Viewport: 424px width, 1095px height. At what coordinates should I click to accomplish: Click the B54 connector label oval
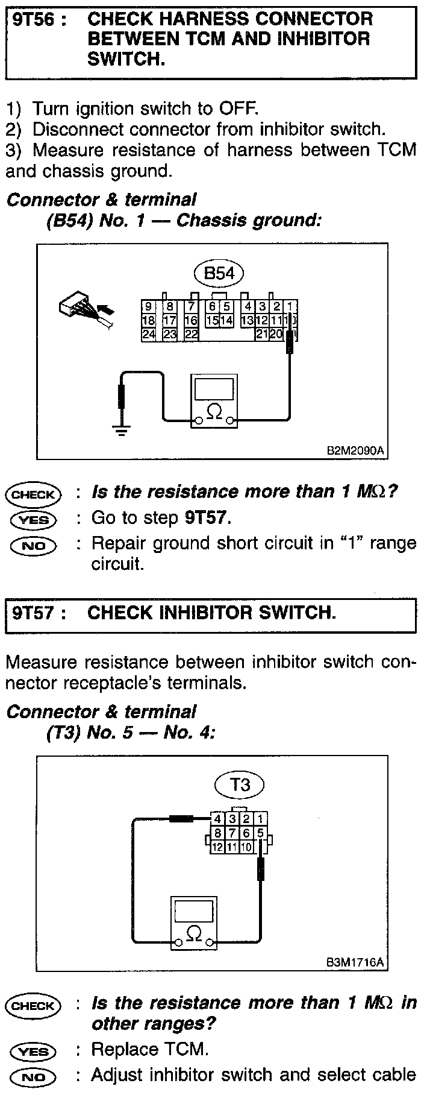[219, 273]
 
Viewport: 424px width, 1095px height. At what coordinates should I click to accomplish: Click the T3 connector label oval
[240, 784]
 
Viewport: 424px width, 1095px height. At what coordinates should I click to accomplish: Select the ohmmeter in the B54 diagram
[214, 400]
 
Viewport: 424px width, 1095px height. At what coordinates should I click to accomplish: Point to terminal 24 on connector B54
[148, 333]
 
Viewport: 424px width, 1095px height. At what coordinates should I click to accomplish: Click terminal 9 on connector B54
[148, 306]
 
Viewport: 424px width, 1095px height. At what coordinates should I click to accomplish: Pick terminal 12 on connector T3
[217, 846]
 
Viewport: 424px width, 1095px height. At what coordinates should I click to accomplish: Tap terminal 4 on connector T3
[217, 818]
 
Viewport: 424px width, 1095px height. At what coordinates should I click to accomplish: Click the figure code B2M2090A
[355, 450]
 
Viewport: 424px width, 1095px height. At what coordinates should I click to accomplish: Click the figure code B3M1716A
[355, 962]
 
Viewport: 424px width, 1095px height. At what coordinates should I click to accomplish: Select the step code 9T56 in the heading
[34, 19]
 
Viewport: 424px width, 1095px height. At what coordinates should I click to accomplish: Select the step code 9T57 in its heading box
[34, 613]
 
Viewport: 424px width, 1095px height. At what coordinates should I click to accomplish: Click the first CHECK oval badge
[33, 494]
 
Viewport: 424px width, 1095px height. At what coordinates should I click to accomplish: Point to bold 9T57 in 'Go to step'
[207, 517]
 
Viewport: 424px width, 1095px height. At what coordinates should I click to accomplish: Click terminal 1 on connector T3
[260, 818]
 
